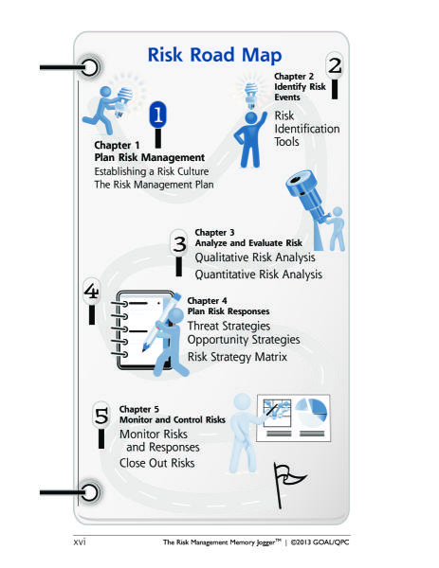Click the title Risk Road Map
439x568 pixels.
214,56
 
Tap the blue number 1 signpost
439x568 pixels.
157,124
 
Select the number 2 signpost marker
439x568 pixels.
335,76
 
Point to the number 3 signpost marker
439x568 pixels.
179,253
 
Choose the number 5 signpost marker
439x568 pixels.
101,425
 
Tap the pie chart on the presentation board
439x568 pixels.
311,414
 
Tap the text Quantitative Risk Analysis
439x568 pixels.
258,275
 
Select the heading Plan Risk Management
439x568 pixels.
150,157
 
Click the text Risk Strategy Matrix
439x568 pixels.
237,357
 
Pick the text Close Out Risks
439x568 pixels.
157,463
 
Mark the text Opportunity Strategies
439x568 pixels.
244,340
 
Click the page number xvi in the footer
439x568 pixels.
80,541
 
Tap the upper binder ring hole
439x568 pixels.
89,67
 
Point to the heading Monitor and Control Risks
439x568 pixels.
173,419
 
